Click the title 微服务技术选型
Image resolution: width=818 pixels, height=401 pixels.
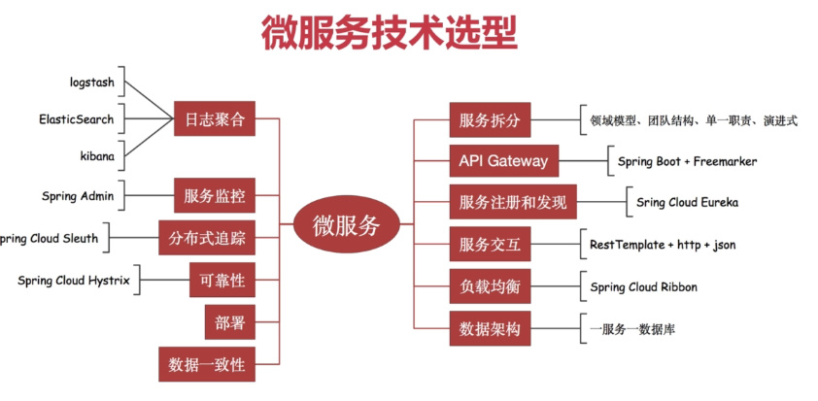(x=389, y=32)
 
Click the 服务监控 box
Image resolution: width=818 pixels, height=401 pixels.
(x=215, y=196)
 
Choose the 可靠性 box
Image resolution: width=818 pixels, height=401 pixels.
(x=222, y=282)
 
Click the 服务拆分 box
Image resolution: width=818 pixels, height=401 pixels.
(x=491, y=120)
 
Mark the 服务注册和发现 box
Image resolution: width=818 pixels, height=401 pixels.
(x=512, y=203)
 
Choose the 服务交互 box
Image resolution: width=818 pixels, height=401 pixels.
(x=491, y=245)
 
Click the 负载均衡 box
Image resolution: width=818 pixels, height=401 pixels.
(x=491, y=286)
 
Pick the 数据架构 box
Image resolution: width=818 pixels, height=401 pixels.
(x=491, y=329)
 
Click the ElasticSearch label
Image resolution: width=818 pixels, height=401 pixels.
(x=76, y=119)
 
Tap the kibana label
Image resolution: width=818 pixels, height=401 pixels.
(x=97, y=155)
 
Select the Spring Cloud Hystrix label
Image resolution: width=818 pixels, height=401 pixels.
(x=74, y=281)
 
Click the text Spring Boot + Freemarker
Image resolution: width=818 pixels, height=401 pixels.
(x=687, y=161)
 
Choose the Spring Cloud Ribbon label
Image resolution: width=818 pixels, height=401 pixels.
(x=643, y=286)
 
